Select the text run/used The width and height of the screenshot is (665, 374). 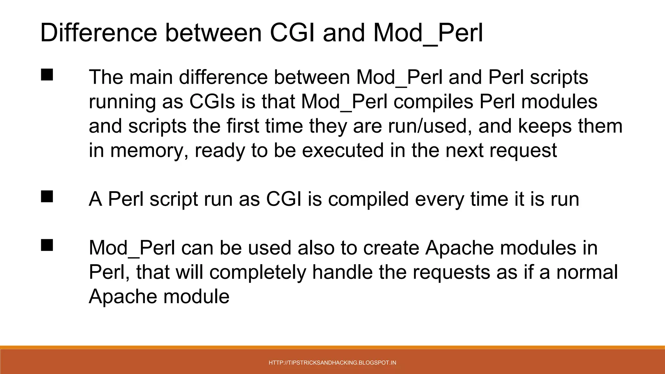click(430, 126)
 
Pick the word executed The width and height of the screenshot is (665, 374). click(343, 150)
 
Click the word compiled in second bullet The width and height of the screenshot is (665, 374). click(368, 199)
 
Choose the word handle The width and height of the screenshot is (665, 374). click(342, 272)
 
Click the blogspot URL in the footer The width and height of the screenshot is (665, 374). click(332, 363)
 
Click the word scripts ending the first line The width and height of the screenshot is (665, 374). click(559, 77)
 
